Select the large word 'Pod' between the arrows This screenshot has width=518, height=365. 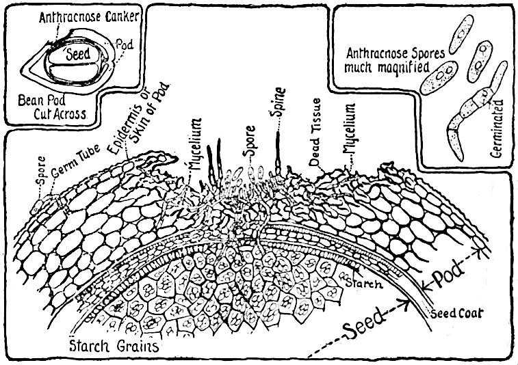(448, 274)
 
